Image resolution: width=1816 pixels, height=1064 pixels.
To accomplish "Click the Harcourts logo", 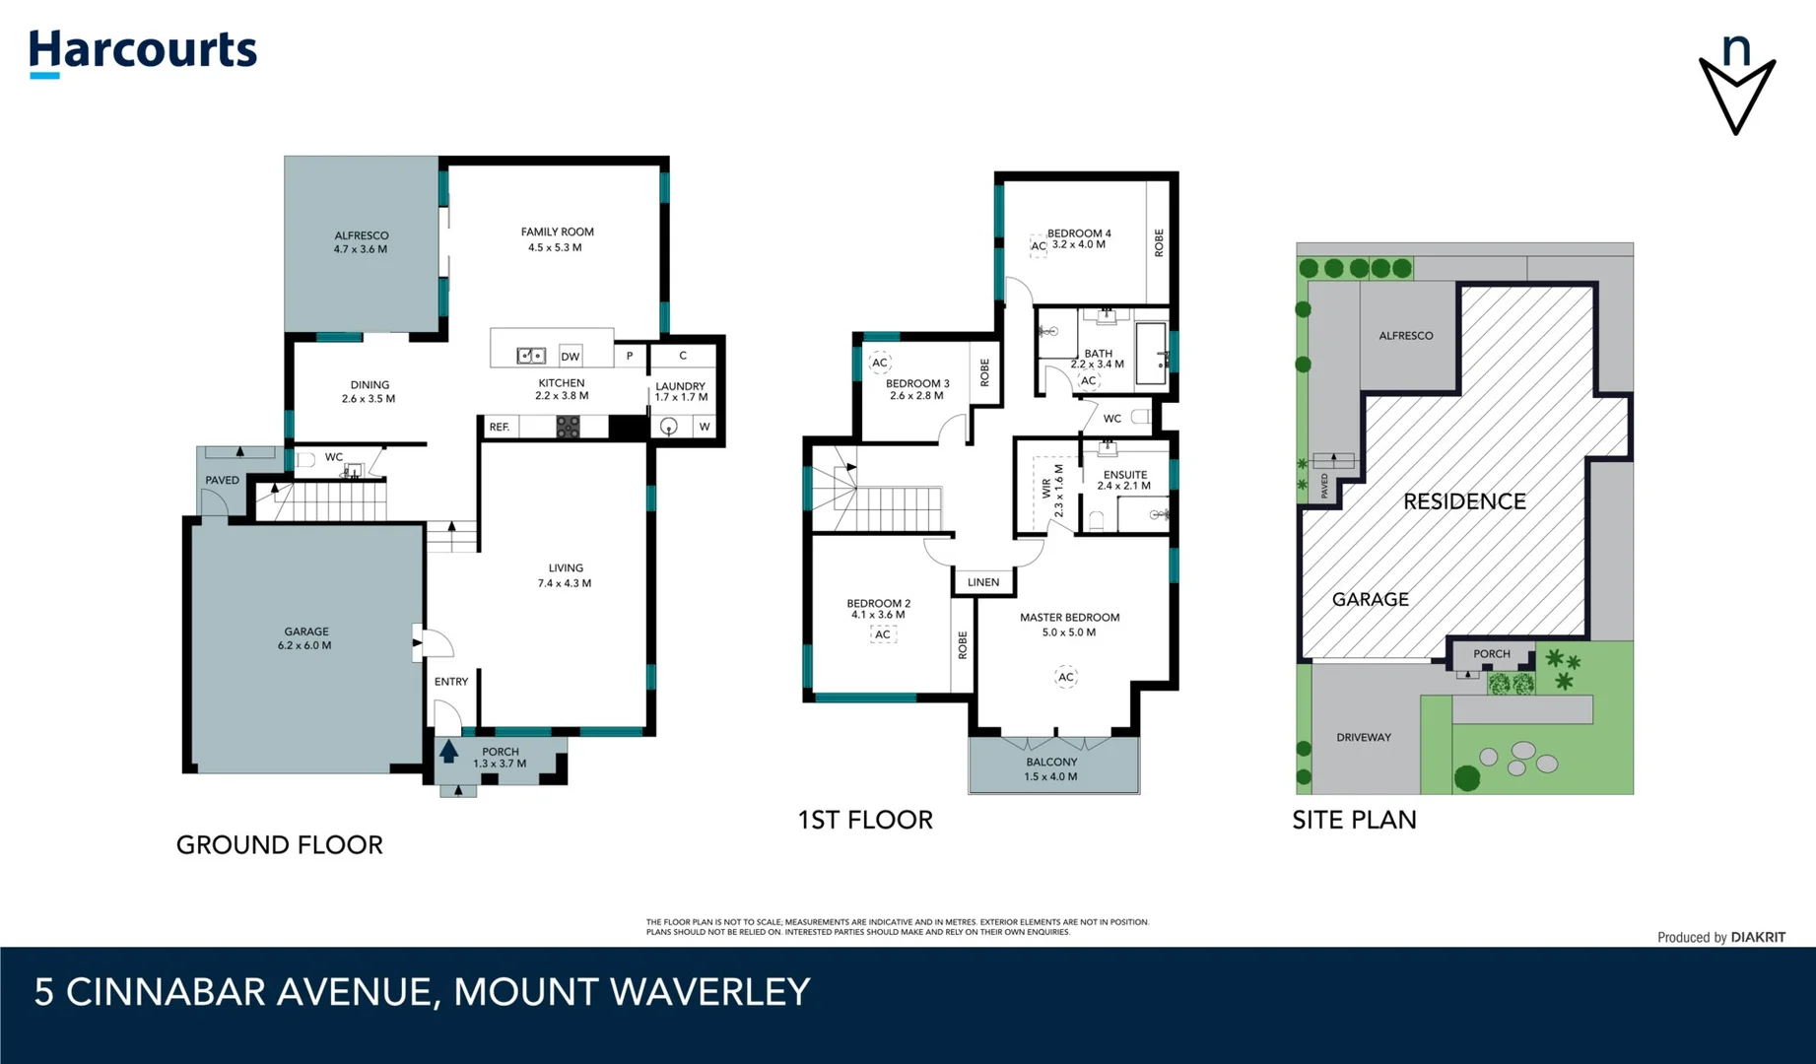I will pyautogui.click(x=143, y=51).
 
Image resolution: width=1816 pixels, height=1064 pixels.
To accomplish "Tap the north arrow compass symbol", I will pyautogui.click(x=1736, y=86).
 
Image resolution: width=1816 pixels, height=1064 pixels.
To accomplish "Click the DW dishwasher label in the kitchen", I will pyautogui.click(x=570, y=357).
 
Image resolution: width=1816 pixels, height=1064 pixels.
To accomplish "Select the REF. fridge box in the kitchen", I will pyautogui.click(x=501, y=427).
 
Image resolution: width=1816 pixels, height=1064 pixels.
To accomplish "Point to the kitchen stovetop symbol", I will pyautogui.click(x=568, y=427).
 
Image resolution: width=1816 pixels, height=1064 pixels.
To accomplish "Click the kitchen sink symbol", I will pyautogui.click(x=531, y=356).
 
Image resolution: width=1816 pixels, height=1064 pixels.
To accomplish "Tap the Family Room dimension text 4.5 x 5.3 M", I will pyautogui.click(x=555, y=247).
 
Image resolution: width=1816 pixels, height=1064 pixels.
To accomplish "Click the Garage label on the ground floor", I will pyautogui.click(x=306, y=632).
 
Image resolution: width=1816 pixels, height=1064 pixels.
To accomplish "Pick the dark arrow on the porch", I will pyautogui.click(x=448, y=751).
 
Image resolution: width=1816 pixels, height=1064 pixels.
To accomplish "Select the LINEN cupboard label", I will pyautogui.click(x=983, y=582).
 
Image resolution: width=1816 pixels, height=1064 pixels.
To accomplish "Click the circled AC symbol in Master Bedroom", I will pyautogui.click(x=1065, y=677).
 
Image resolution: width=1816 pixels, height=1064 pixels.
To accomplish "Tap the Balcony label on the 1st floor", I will pyautogui.click(x=1051, y=762).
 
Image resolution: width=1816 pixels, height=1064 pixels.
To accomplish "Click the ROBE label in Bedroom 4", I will pyautogui.click(x=1159, y=242).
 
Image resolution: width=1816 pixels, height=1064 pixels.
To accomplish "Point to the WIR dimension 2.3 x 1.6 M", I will pyautogui.click(x=1059, y=491).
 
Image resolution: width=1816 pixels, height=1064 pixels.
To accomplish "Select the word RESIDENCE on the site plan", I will pyautogui.click(x=1464, y=501).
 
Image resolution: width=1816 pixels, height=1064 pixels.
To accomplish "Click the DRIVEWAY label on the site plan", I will pyautogui.click(x=1364, y=737).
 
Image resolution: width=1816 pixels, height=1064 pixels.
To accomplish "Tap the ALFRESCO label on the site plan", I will pyautogui.click(x=1405, y=336).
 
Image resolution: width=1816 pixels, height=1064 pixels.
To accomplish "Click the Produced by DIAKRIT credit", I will pyautogui.click(x=1720, y=937).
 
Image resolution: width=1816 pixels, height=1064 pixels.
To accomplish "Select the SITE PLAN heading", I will pyautogui.click(x=1354, y=820).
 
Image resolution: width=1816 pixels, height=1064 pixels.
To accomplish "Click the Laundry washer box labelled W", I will pyautogui.click(x=704, y=427).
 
